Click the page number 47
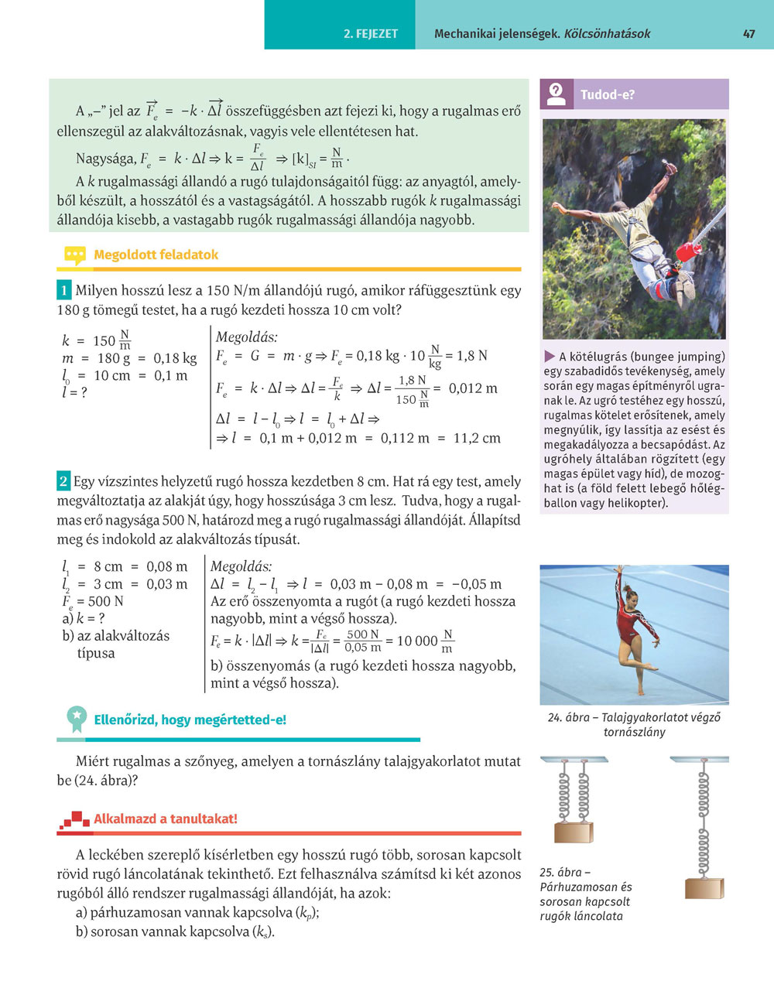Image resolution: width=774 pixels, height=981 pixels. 748,34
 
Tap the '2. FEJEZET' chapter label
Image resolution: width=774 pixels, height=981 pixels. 371,34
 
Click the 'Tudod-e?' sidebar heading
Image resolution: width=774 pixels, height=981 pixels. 608,95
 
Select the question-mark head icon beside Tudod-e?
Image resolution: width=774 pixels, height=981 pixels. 557,94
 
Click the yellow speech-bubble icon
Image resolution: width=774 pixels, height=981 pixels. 74,255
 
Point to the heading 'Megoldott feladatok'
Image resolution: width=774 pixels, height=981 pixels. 156,255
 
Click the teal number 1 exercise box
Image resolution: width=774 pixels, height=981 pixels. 64,291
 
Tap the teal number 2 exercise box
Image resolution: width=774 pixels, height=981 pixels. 63,481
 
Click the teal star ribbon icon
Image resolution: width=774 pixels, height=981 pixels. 76,719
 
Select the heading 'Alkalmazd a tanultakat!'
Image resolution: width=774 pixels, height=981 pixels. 165,819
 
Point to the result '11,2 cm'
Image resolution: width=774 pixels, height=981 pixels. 477,438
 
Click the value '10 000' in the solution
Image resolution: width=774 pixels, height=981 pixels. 416,641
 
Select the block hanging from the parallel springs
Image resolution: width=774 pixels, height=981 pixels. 574,832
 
